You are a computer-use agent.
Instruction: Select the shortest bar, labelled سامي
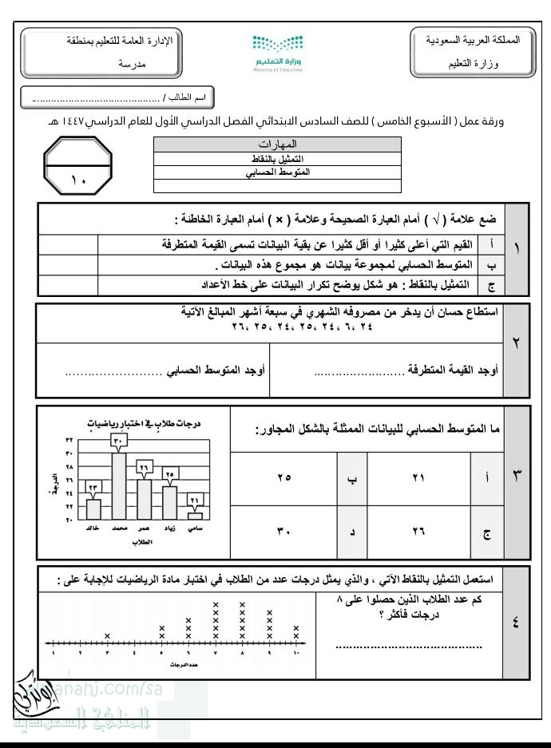(x=195, y=515)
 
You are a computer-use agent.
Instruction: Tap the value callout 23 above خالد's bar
(x=93, y=488)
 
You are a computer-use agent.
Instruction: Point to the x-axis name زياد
(x=169, y=528)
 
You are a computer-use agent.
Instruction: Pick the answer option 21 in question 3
(x=418, y=477)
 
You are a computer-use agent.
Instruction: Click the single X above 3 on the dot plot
(x=107, y=635)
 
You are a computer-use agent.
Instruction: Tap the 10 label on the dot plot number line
(x=296, y=653)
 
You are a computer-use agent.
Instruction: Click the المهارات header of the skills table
(x=278, y=144)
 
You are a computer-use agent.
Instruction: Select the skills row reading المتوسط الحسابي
(x=278, y=172)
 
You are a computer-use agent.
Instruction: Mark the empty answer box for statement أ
(x=69, y=243)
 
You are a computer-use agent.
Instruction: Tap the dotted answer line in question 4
(x=408, y=644)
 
